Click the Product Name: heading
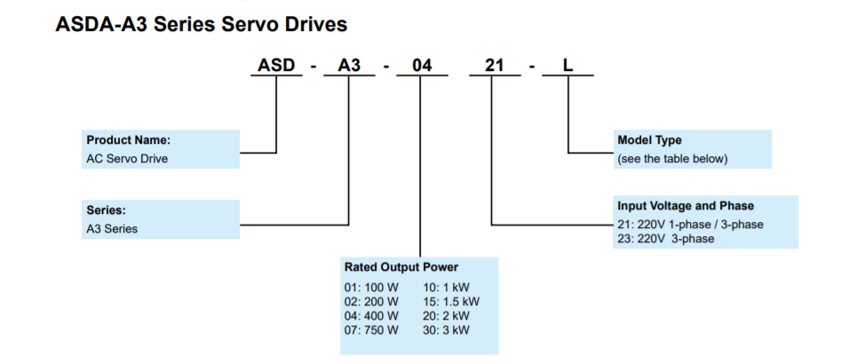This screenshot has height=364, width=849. point(128,140)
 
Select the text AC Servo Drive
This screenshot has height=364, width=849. point(127,159)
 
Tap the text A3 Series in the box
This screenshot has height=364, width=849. point(112,229)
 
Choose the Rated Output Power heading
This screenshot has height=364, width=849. point(401,267)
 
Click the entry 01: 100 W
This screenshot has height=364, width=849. point(371,289)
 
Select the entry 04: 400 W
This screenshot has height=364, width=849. point(371,315)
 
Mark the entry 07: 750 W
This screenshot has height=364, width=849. point(371,329)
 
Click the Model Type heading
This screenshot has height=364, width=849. point(649,140)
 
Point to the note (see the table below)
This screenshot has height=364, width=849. point(672,159)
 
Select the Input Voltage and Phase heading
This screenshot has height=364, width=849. point(685,206)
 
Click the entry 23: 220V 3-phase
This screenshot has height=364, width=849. point(665,238)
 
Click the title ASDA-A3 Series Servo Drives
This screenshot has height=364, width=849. point(202,24)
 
